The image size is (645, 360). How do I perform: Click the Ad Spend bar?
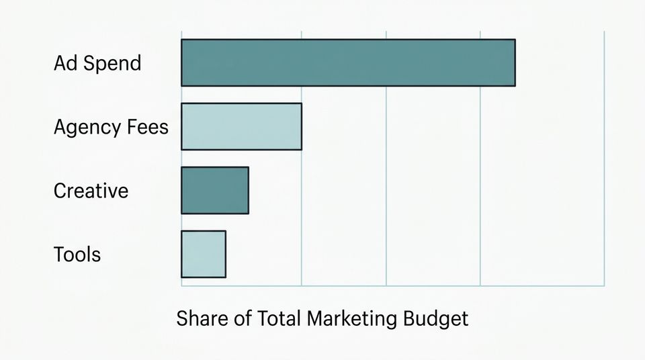click(348, 62)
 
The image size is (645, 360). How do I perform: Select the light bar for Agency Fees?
click(241, 126)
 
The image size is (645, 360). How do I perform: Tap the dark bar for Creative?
click(215, 190)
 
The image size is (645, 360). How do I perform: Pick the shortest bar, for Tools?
click(204, 254)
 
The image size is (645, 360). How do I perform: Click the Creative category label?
click(91, 191)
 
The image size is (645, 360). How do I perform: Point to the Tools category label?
click(77, 255)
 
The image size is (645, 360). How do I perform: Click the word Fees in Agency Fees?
click(146, 126)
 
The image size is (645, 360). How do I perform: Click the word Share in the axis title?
click(200, 318)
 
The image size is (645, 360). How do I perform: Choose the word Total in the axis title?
click(278, 318)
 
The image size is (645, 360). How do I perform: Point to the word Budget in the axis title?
click(437, 318)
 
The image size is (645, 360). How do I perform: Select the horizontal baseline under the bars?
click(393, 286)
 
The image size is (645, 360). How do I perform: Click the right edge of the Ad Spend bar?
click(515, 62)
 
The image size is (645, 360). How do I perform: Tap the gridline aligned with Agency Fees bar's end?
click(302, 201)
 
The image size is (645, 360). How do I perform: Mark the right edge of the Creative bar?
click(249, 190)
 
